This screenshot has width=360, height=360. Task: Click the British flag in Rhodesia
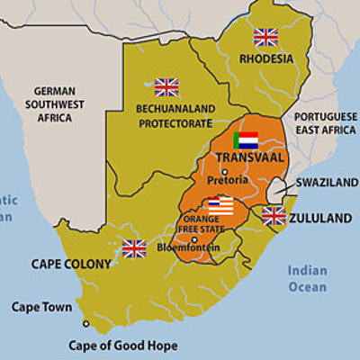[265, 37]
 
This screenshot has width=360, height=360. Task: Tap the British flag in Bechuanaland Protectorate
[166, 87]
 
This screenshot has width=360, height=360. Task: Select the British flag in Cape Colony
[134, 247]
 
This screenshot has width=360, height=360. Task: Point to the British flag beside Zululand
[274, 216]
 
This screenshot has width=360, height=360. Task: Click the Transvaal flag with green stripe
[246, 140]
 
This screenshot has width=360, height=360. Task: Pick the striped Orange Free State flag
[220, 206]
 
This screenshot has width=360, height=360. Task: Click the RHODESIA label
[266, 59]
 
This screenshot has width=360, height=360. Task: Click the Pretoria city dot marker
[224, 171]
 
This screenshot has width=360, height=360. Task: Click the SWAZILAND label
[328, 183]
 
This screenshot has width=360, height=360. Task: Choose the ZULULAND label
[320, 218]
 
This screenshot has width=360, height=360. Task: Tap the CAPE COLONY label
[71, 265]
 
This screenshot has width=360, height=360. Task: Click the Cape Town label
[41, 307]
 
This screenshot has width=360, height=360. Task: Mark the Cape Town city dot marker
[86, 323]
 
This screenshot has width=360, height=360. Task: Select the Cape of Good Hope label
[123, 345]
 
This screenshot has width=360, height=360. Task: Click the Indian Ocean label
[308, 278]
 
